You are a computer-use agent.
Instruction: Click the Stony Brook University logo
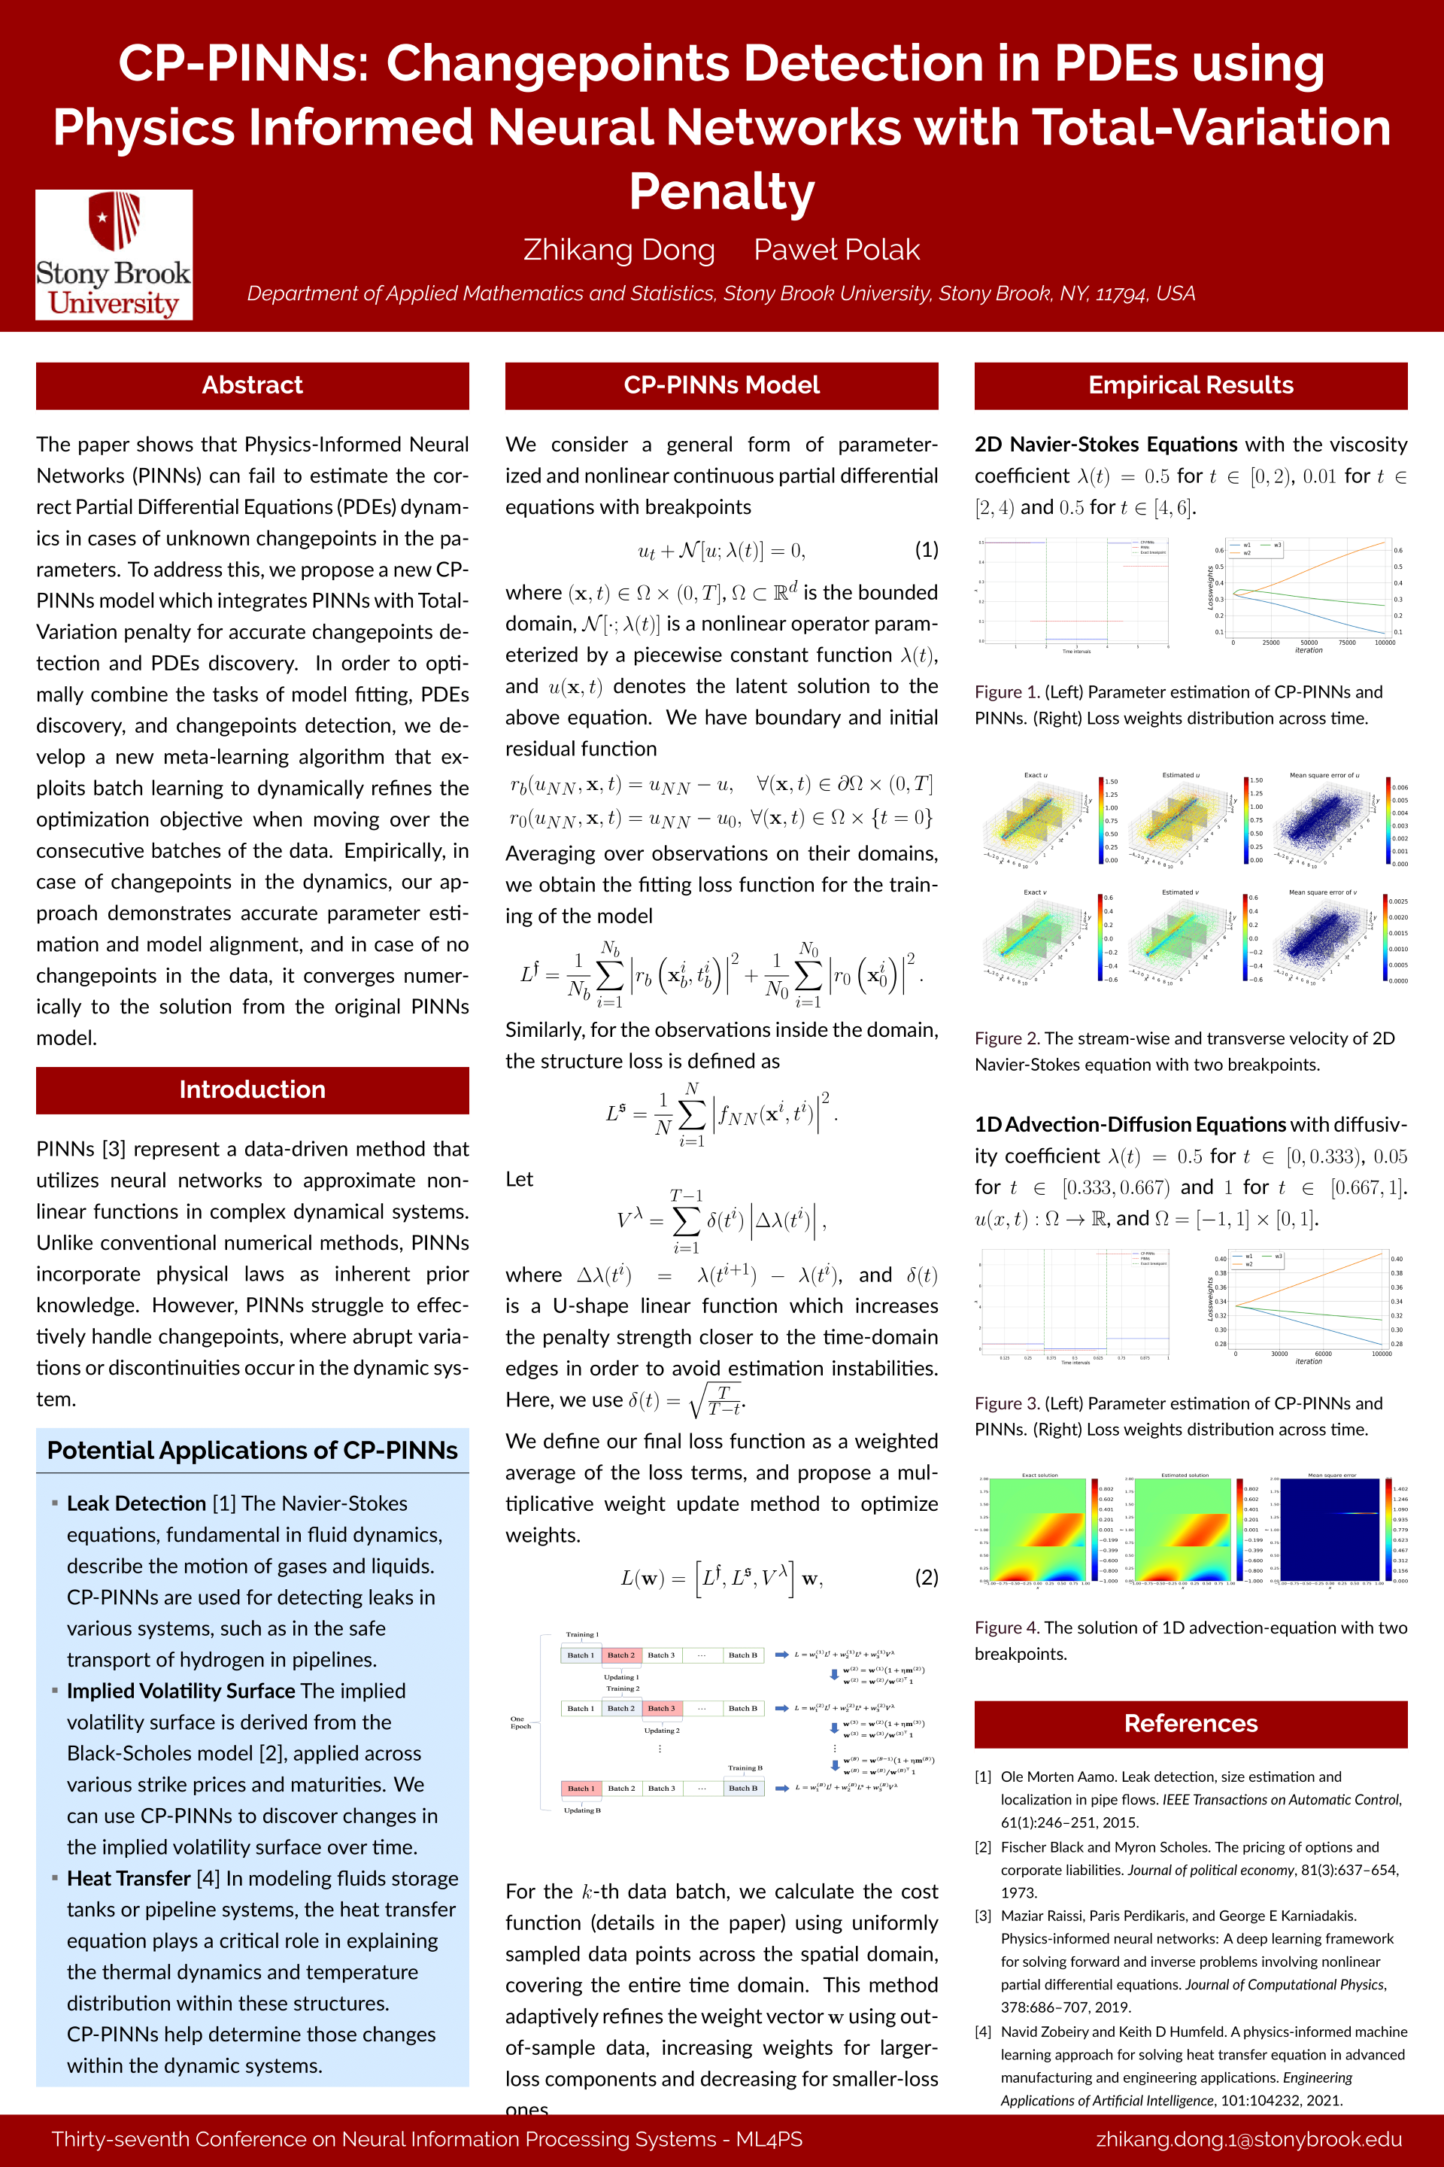pyautogui.click(x=114, y=254)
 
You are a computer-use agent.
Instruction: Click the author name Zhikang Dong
pyautogui.click(x=619, y=250)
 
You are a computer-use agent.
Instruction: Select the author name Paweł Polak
pyautogui.click(x=836, y=250)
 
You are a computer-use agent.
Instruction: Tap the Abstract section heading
pyautogui.click(x=253, y=385)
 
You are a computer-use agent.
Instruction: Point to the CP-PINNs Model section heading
pyautogui.click(x=721, y=385)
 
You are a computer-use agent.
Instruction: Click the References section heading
pyautogui.click(x=1190, y=1723)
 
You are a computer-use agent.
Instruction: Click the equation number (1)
pyautogui.click(x=926, y=550)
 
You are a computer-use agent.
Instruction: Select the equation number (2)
pyautogui.click(x=926, y=1577)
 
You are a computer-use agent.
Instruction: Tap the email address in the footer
pyautogui.click(x=1248, y=2139)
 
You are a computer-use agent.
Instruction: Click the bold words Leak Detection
pyautogui.click(x=136, y=1503)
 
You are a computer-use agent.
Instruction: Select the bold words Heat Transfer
pyautogui.click(x=128, y=1878)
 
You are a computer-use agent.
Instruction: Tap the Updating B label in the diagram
pyautogui.click(x=582, y=1810)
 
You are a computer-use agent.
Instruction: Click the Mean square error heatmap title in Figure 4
pyautogui.click(x=1332, y=1475)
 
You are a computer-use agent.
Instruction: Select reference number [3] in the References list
pyautogui.click(x=984, y=1916)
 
